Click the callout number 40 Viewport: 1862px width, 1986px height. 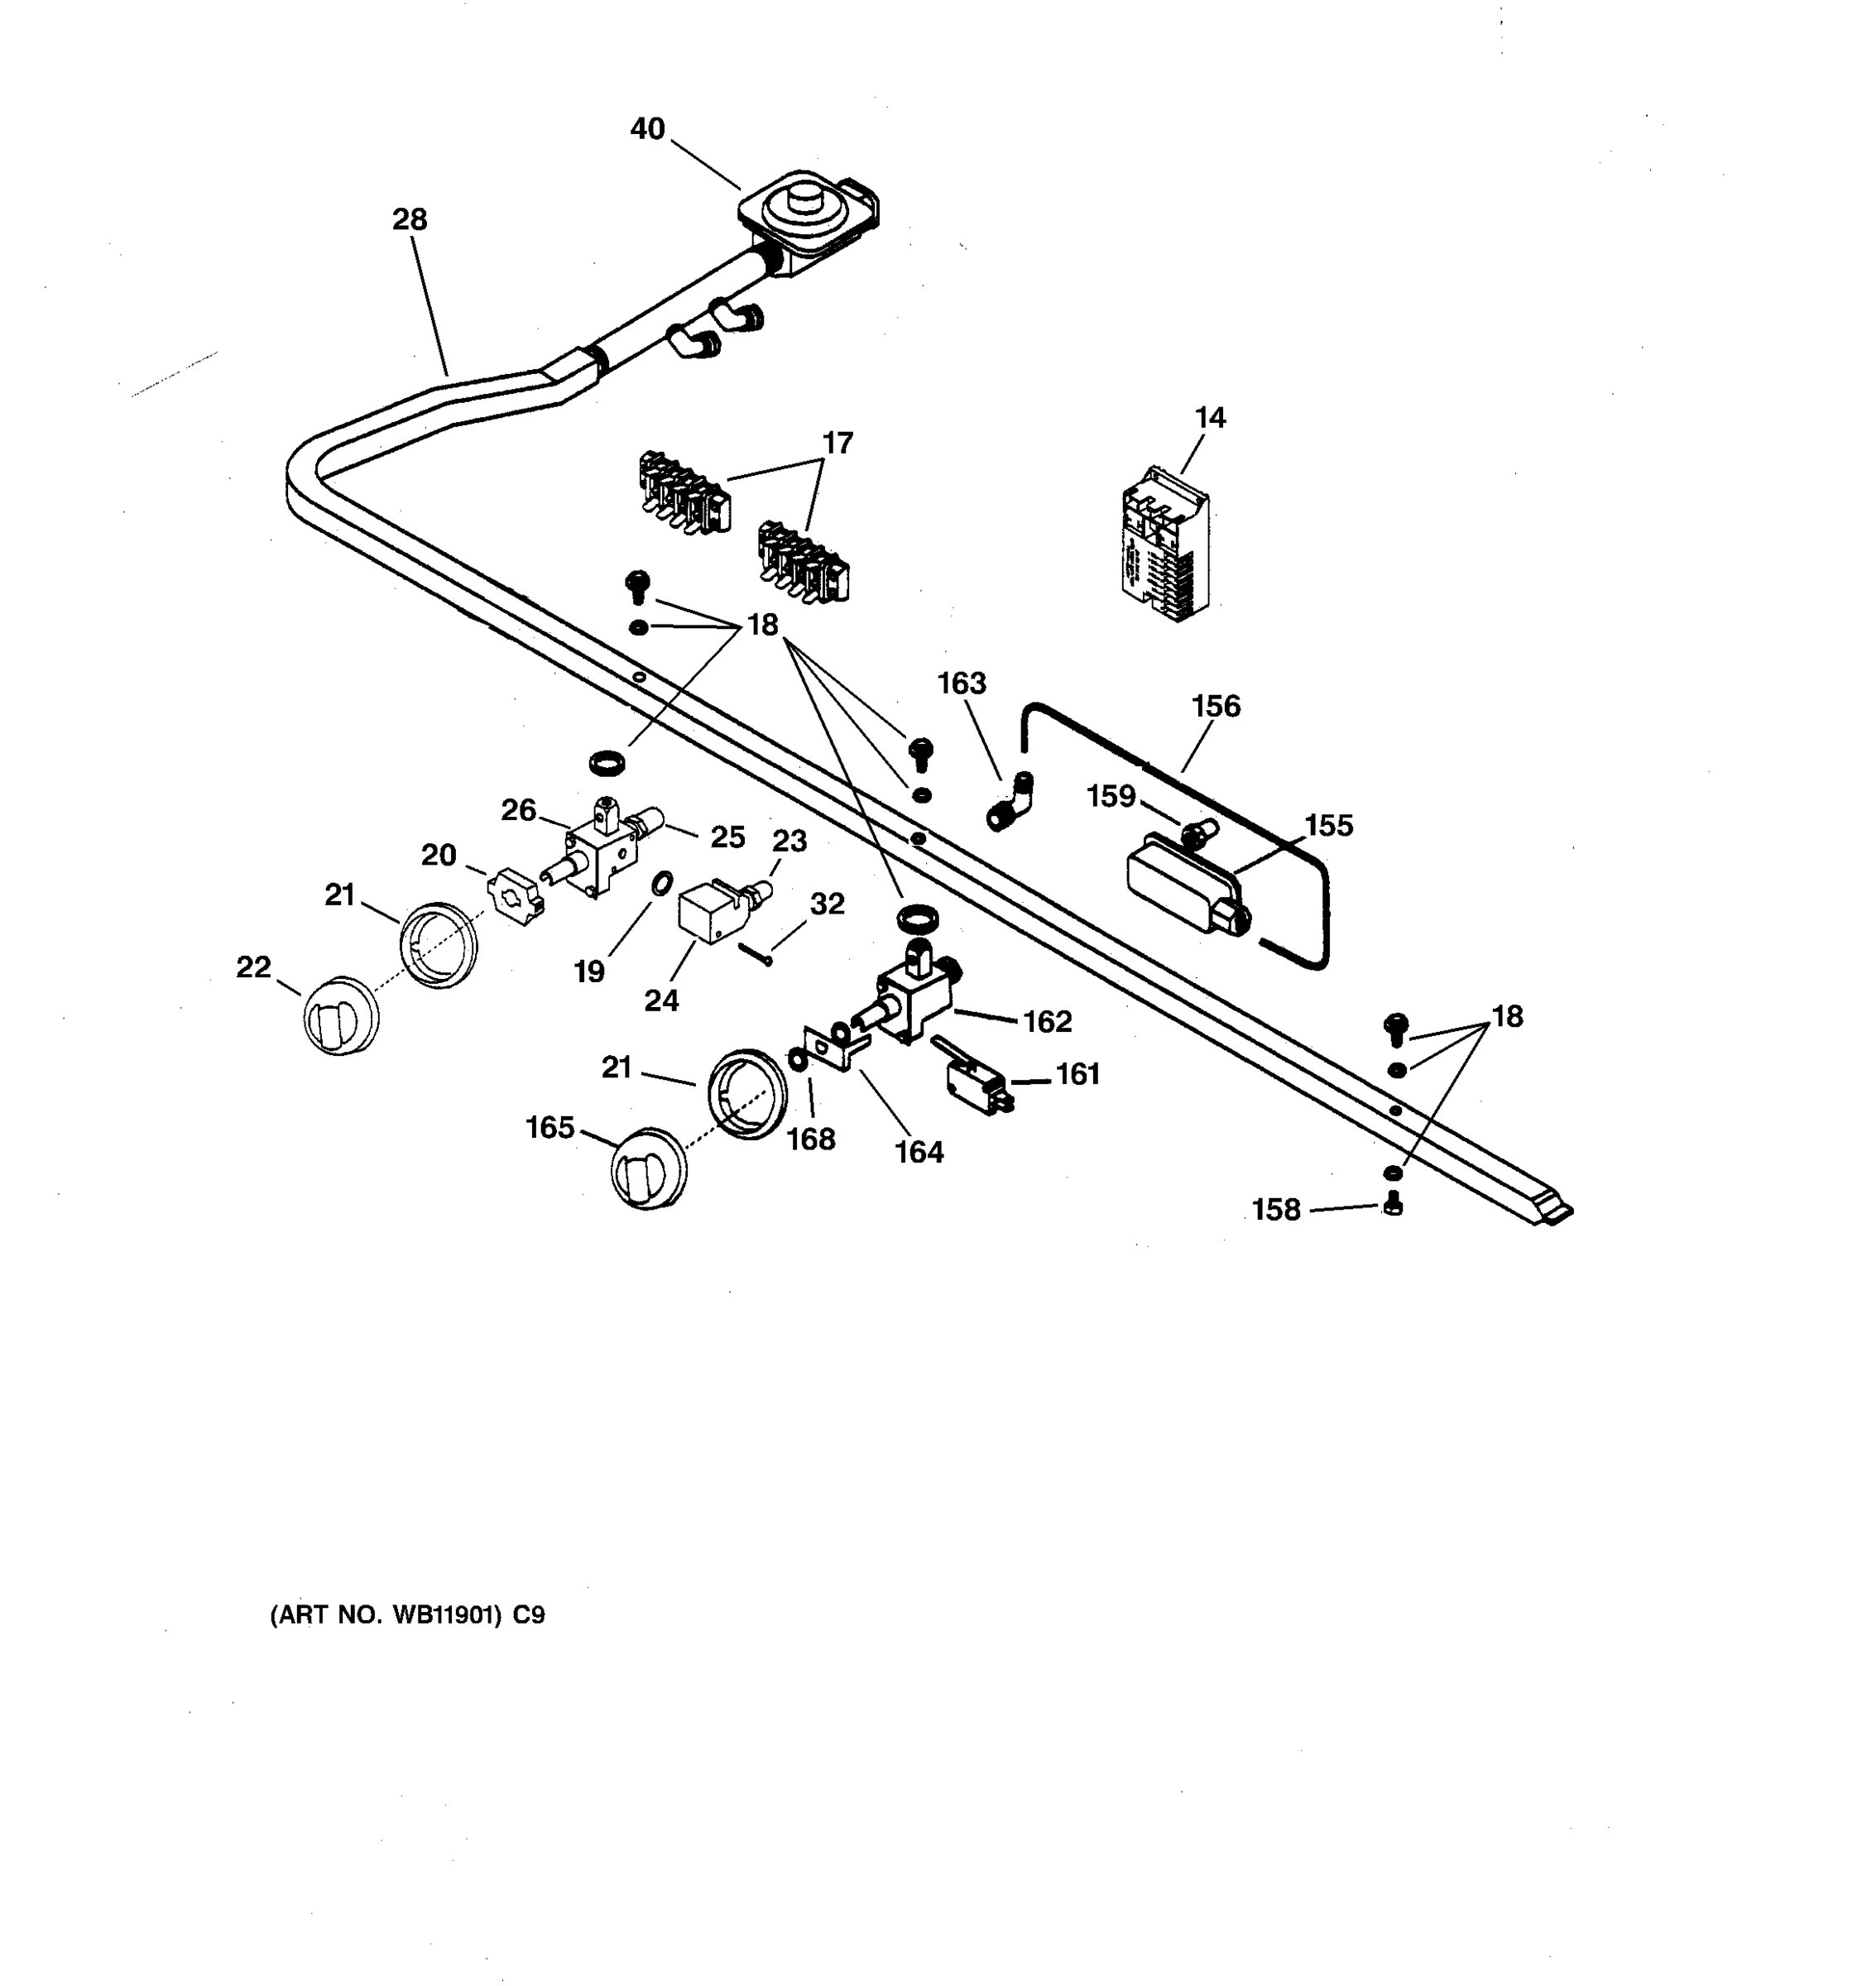point(647,129)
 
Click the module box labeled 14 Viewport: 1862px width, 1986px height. point(1164,545)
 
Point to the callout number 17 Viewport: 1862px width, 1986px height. point(837,443)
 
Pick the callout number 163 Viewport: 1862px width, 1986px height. point(961,684)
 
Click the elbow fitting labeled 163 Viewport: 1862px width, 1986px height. point(1011,800)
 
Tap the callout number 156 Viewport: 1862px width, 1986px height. point(1216,707)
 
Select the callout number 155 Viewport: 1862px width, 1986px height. point(1328,825)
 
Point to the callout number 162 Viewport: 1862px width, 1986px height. point(1047,1021)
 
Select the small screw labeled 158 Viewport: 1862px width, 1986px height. point(1394,1206)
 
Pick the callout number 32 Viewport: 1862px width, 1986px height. point(827,904)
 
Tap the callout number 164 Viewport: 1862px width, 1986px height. point(918,1153)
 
